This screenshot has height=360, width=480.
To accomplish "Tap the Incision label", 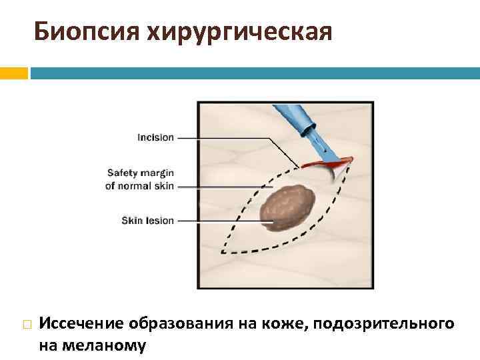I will click(155, 138).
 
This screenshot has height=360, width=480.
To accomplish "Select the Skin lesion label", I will click(147, 220).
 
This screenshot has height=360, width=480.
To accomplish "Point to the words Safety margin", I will click(140, 173).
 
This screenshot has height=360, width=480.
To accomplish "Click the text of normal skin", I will click(140, 186).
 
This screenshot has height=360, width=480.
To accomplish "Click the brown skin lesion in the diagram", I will click(289, 204).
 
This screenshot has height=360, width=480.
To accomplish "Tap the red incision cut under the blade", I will click(325, 163).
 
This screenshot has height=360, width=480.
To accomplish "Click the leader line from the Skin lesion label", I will click(220, 220).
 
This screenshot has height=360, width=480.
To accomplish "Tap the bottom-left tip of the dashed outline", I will click(222, 252).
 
